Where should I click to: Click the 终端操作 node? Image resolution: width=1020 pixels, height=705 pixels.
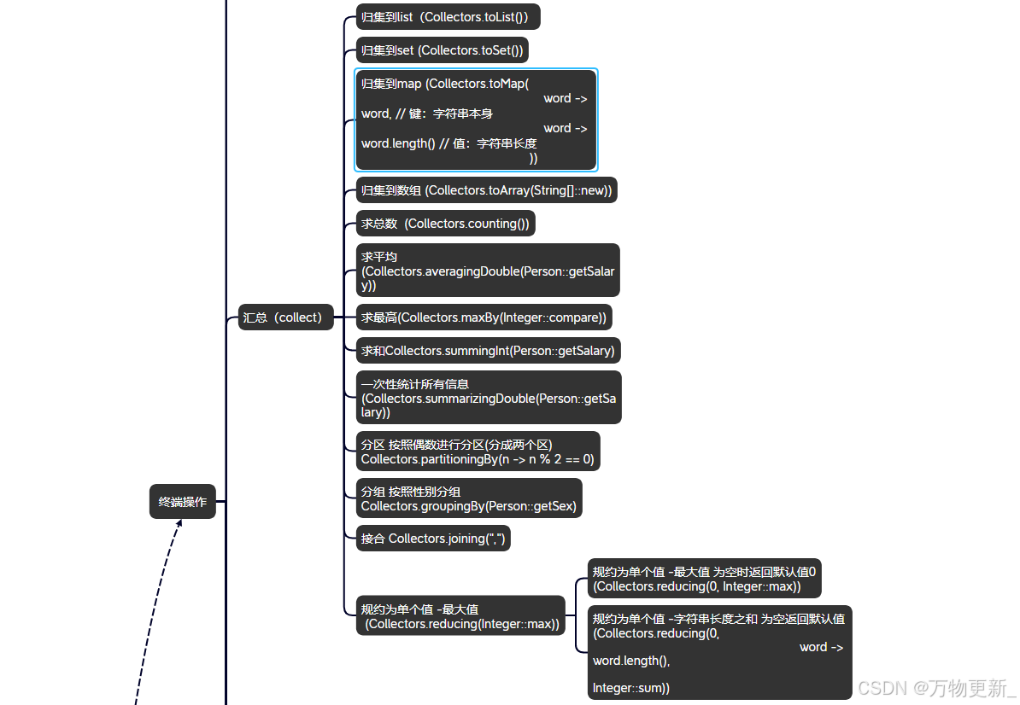pyautogui.click(x=183, y=502)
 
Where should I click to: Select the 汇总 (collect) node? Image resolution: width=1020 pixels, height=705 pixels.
pyautogui.click(x=285, y=318)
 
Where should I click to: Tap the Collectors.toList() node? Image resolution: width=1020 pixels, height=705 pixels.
pyautogui.click(x=448, y=17)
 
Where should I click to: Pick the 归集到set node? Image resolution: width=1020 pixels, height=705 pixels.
pyautogui.click(x=442, y=50)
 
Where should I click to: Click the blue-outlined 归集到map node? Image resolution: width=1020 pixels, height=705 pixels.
pyautogui.click(x=476, y=120)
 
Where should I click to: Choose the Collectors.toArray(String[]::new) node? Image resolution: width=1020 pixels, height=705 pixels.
pyautogui.click(x=486, y=190)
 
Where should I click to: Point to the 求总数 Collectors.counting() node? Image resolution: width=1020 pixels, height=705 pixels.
pyautogui.click(x=445, y=224)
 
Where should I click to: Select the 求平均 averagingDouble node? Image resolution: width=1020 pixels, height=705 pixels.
pyautogui.click(x=487, y=271)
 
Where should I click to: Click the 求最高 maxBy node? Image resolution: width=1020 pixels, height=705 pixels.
pyautogui.click(x=484, y=318)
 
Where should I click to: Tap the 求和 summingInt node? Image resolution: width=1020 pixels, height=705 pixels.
pyautogui.click(x=488, y=351)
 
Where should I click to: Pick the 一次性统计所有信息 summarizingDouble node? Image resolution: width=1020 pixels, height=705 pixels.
pyautogui.click(x=488, y=398)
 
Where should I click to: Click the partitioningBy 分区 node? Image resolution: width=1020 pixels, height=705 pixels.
pyautogui.click(x=478, y=452)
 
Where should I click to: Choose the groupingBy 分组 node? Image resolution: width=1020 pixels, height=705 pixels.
pyautogui.click(x=469, y=498)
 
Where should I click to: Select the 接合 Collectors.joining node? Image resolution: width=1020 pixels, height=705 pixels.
pyautogui.click(x=433, y=539)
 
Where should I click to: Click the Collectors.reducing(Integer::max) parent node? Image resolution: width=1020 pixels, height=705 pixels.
pyautogui.click(x=460, y=616)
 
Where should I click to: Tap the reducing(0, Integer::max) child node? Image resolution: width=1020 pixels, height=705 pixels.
pyautogui.click(x=704, y=579)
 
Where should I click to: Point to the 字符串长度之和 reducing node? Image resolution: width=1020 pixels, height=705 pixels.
pyautogui.click(x=719, y=652)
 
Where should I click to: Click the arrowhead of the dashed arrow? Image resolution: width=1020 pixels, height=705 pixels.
pyautogui.click(x=179, y=522)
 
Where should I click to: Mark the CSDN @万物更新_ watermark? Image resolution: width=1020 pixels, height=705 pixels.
pyautogui.click(x=936, y=688)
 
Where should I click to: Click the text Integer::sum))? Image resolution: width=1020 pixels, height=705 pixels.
pyautogui.click(x=631, y=687)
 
